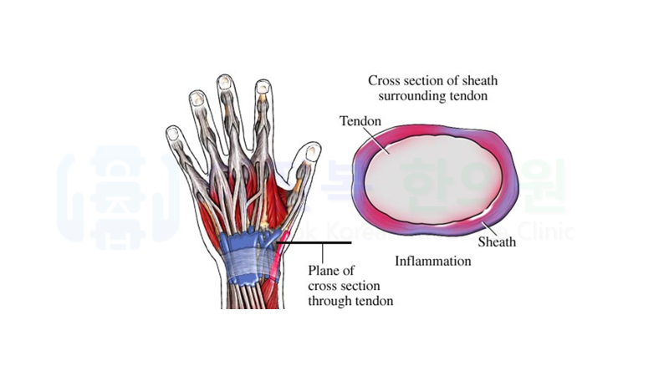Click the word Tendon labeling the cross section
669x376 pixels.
click(360, 122)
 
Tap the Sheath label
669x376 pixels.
click(497, 242)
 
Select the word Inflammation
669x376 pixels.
click(432, 262)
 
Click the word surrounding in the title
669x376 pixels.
click(407, 96)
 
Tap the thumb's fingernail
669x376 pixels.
click(311, 153)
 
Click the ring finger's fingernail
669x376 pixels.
click(197, 97)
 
